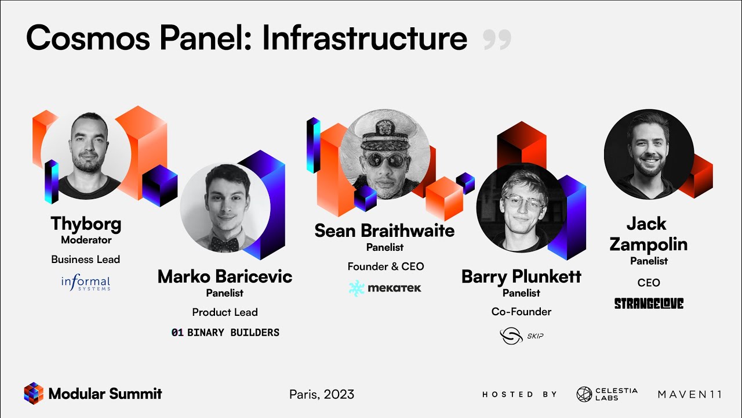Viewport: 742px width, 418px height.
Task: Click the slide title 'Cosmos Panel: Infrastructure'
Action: (x=246, y=38)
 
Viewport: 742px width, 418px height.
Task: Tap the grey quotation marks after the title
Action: (x=497, y=39)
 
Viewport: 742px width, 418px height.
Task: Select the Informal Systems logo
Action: (x=86, y=283)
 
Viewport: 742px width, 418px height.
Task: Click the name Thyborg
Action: (x=86, y=224)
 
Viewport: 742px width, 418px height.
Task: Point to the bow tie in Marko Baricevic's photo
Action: (x=224, y=243)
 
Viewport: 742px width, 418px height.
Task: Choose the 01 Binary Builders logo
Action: (x=225, y=333)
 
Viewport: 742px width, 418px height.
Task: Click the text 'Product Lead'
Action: (x=225, y=312)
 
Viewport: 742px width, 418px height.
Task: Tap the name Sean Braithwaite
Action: (x=384, y=230)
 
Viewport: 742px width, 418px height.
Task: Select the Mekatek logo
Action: (x=385, y=288)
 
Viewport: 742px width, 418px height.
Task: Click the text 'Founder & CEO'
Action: (x=385, y=266)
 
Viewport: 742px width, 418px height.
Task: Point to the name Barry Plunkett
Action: (x=521, y=276)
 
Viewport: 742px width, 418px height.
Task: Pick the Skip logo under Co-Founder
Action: (x=521, y=336)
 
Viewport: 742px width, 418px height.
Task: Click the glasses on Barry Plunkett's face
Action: (x=524, y=203)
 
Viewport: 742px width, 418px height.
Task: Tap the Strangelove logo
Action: (x=649, y=304)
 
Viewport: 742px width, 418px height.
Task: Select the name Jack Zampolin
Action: (x=649, y=233)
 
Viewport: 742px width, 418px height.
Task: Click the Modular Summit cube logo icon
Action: (x=34, y=394)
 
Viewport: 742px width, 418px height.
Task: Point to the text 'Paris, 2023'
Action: (x=322, y=394)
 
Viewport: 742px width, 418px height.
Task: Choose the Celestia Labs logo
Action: (x=607, y=394)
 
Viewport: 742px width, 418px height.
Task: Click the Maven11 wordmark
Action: (x=690, y=394)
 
